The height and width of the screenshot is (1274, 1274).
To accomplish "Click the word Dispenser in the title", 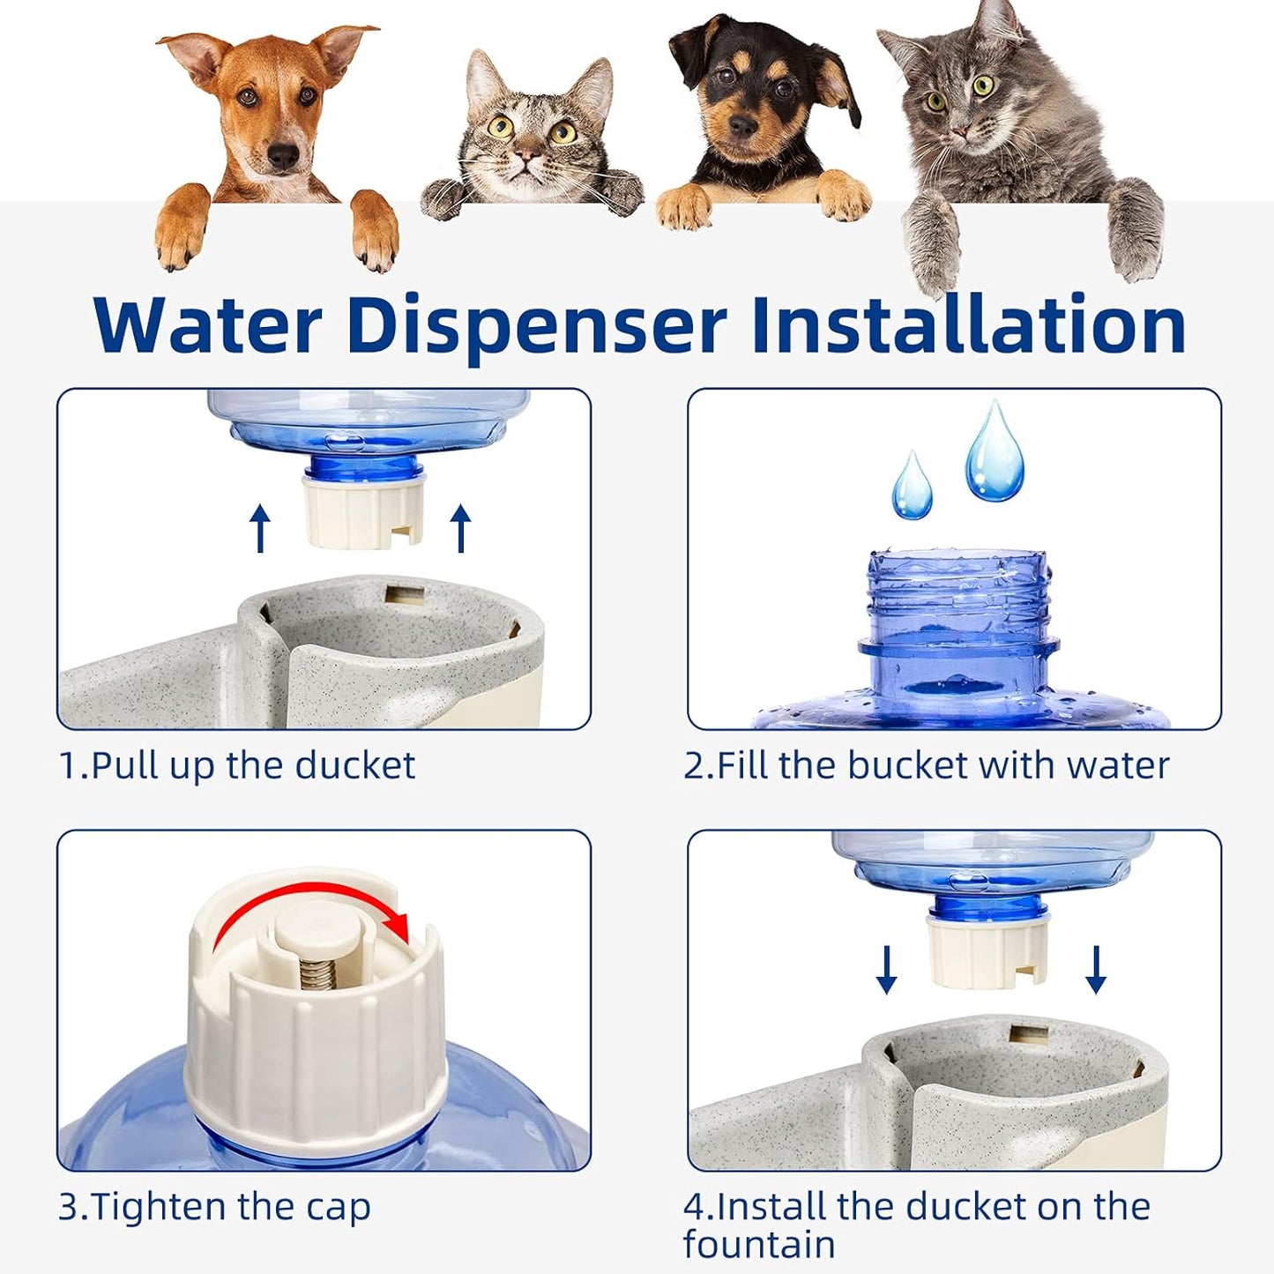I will click(x=535, y=326).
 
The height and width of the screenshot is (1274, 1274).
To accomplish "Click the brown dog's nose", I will click(x=282, y=157).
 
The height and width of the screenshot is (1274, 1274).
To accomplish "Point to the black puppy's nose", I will click(x=743, y=127).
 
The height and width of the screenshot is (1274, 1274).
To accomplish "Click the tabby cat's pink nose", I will click(x=527, y=156).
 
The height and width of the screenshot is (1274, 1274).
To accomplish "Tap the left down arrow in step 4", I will click(x=887, y=970).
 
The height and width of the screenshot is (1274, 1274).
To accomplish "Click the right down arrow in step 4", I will click(x=1096, y=970).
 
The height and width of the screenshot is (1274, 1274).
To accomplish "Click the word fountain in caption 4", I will click(x=758, y=1245).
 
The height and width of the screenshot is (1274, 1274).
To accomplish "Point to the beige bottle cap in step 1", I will click(x=363, y=511).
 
